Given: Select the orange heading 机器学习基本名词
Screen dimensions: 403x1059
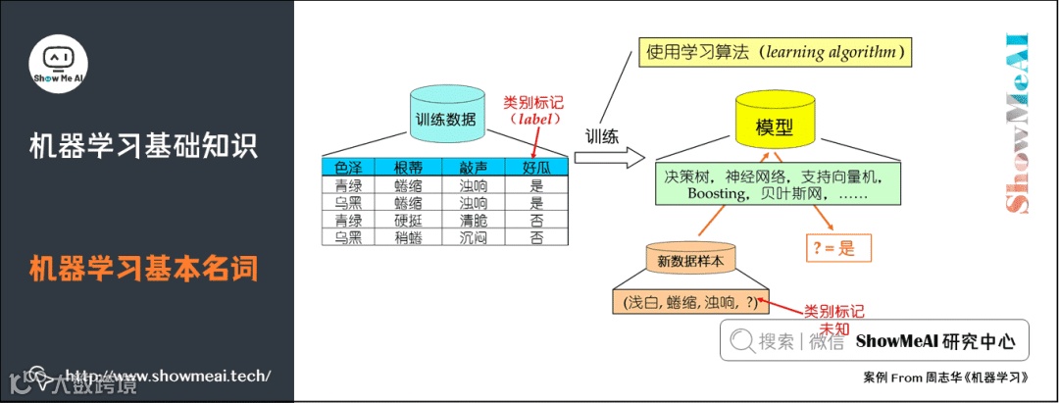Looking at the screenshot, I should coord(143,267).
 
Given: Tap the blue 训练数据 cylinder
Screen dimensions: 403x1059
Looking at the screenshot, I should coord(446,118).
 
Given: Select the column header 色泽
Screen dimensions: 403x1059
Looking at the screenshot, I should coord(348,168).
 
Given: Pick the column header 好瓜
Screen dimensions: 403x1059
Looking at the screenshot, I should coord(535,168).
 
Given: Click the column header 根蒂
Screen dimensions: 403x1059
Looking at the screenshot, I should coord(407,168).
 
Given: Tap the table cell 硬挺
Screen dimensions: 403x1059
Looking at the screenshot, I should coord(407,220).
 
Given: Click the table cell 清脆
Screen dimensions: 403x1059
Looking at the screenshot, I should coord(473,220).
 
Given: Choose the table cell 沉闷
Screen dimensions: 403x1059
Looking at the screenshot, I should coord(473,236).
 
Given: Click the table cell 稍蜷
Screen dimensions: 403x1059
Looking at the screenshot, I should coord(407,236).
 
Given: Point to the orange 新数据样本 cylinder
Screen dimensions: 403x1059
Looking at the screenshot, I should coord(690,260).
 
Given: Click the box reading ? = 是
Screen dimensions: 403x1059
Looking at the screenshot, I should coord(833,248).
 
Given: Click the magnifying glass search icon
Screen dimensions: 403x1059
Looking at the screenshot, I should coord(739,341).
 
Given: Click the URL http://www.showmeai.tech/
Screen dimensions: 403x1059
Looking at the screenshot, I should coord(167,377).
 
